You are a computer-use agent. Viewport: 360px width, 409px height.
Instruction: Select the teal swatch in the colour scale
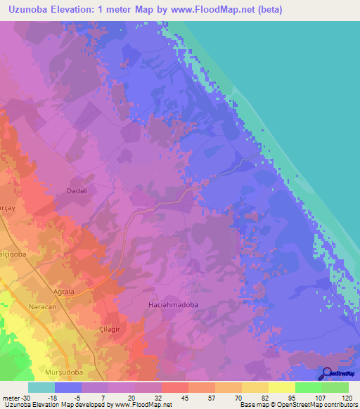click(41, 387)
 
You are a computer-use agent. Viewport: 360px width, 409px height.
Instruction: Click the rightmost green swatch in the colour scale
click(335, 387)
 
